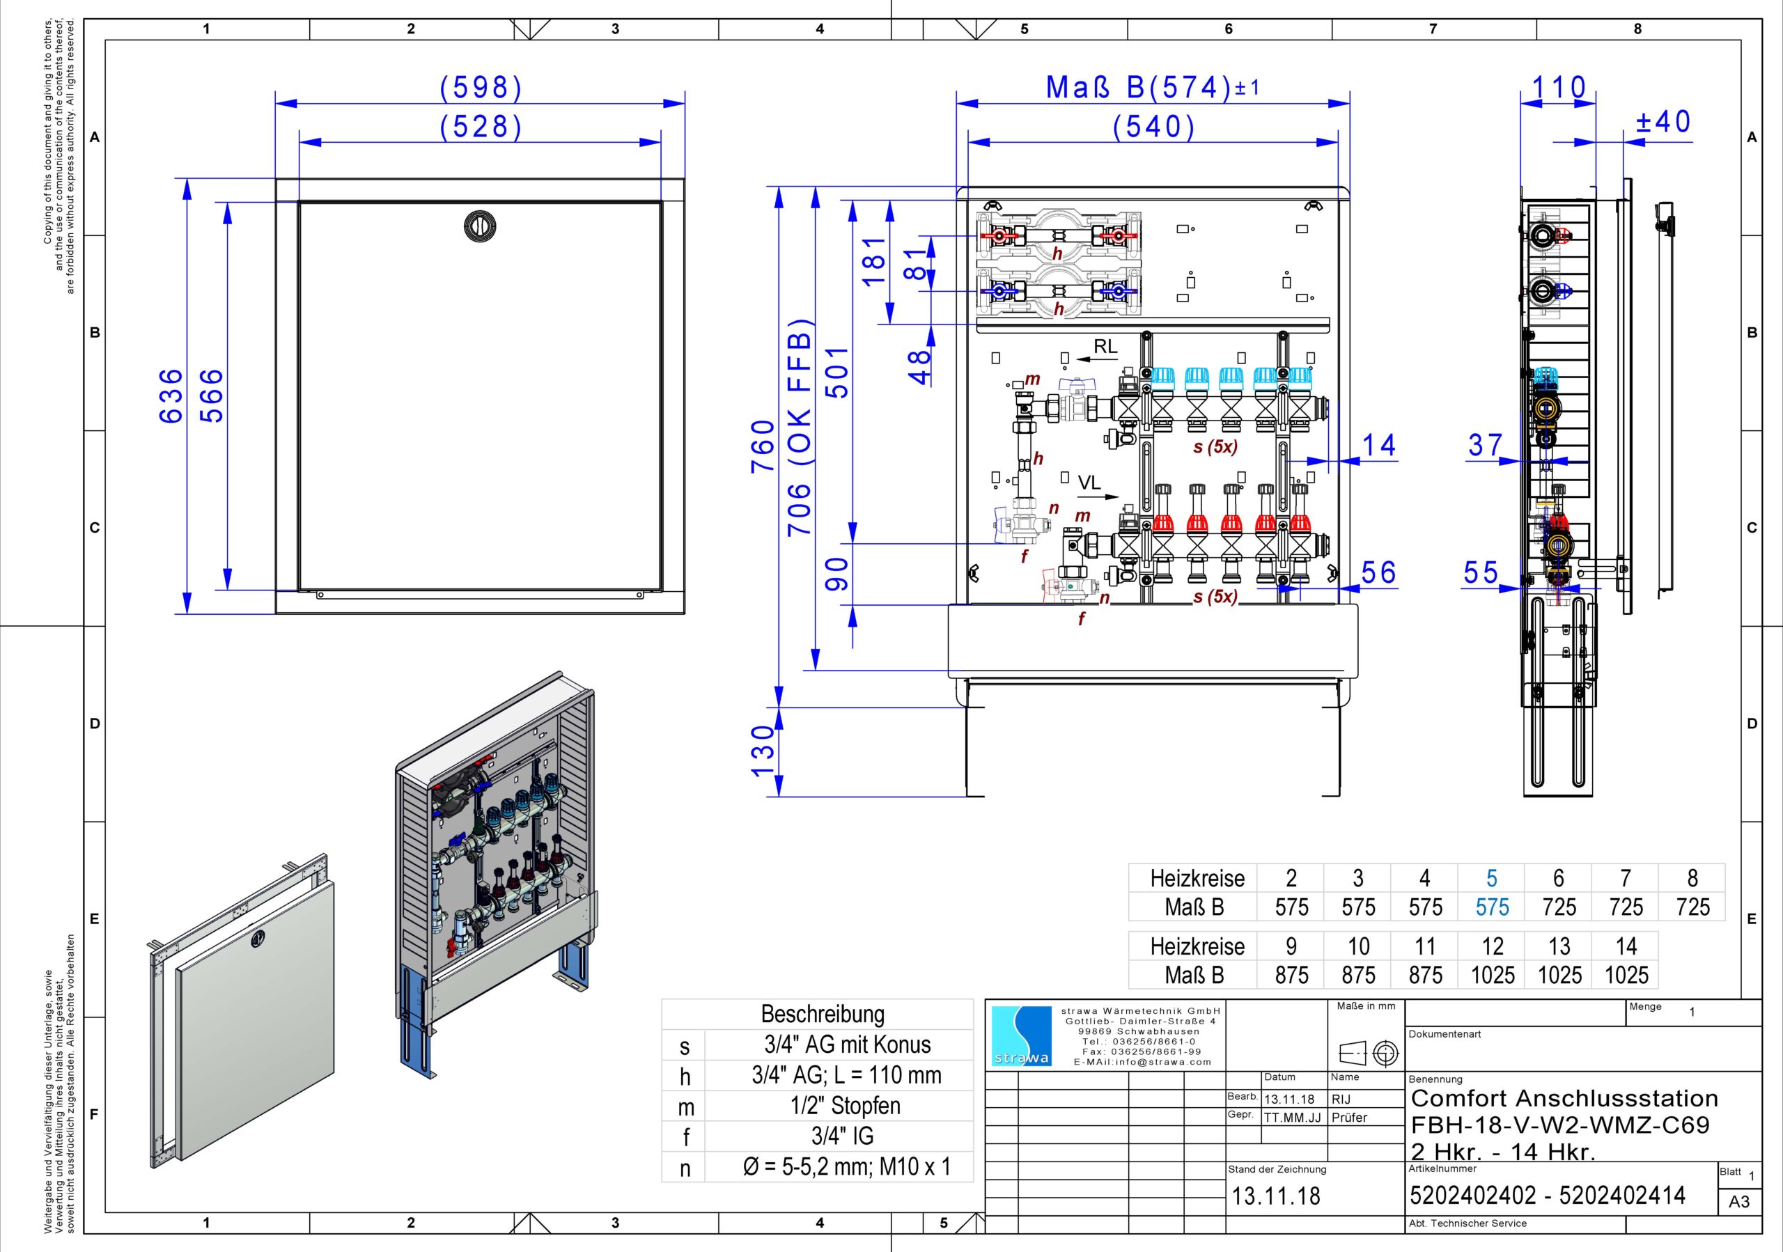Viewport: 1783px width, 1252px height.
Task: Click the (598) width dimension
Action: pyautogui.click(x=481, y=88)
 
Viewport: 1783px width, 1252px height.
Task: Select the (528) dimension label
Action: pyautogui.click(x=481, y=127)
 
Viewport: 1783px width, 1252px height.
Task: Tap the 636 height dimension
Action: pyautogui.click(x=171, y=396)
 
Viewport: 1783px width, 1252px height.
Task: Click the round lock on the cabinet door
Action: pyautogui.click(x=479, y=225)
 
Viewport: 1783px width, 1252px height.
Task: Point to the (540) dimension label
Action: pyautogui.click(x=1153, y=127)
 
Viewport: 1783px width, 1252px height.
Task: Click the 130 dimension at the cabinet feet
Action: pyautogui.click(x=763, y=751)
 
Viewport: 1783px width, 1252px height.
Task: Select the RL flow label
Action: pyautogui.click(x=1106, y=347)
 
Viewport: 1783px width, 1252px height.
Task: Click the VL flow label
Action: pyautogui.click(x=1089, y=483)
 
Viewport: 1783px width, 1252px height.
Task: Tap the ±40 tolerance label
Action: pyautogui.click(x=1663, y=122)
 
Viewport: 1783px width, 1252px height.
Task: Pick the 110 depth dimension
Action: pyautogui.click(x=1559, y=87)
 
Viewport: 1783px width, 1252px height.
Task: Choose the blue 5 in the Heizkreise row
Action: pyautogui.click(x=1492, y=878)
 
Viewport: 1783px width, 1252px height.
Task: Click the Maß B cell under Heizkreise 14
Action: pyautogui.click(x=1626, y=975)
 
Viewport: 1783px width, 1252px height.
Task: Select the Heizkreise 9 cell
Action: pyautogui.click(x=1291, y=946)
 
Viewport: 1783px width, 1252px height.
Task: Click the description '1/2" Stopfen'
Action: pyautogui.click(x=846, y=1105)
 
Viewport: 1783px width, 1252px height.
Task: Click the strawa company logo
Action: pyautogui.click(x=1022, y=1036)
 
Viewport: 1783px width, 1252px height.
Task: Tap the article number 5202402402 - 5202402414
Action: pyautogui.click(x=1547, y=1195)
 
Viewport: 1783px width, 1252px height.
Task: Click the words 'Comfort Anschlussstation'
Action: pyautogui.click(x=1564, y=1098)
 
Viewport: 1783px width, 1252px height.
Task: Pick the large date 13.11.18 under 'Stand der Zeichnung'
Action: pyautogui.click(x=1276, y=1196)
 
